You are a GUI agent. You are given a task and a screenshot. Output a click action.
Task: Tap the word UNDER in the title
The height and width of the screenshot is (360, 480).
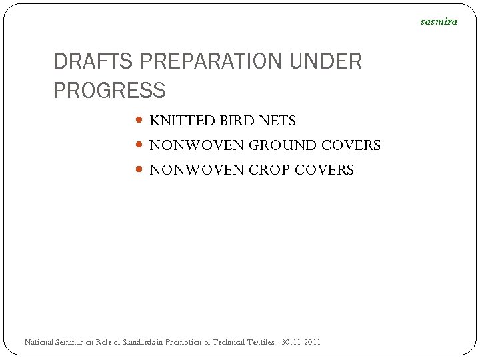point(326,61)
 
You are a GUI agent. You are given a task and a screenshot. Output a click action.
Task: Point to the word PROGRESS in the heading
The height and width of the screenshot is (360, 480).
point(109,90)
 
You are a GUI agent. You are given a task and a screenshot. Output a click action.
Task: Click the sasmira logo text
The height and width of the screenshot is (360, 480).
point(439,21)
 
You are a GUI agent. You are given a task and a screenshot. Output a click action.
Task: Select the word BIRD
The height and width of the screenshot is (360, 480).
point(237,121)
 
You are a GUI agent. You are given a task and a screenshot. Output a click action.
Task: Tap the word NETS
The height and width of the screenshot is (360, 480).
point(278,121)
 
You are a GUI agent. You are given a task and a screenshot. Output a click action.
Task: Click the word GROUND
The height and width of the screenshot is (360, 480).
point(283,145)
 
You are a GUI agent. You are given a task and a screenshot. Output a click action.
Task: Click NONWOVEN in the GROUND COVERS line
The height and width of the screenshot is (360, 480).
point(197,145)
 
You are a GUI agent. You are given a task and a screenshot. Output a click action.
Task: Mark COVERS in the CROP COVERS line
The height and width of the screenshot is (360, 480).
point(324,170)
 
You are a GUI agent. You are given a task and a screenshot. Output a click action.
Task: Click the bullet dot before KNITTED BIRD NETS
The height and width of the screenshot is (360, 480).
point(139,121)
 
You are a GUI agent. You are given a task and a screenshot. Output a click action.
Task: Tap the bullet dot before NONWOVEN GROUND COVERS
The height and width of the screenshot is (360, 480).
point(139,145)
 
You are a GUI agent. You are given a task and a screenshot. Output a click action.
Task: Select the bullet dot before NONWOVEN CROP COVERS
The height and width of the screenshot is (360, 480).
point(139,169)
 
